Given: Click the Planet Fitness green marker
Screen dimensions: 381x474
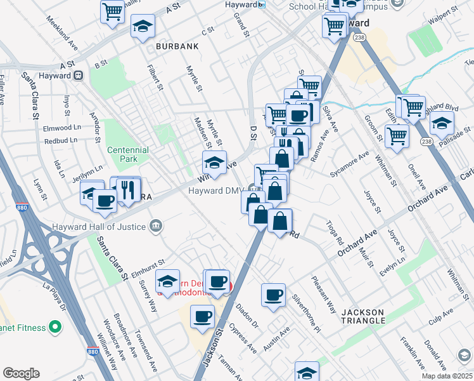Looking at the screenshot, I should click(56, 328).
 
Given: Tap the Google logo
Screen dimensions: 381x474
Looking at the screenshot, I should click(21, 373).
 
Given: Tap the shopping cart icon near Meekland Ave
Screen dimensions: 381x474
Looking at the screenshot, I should click(112, 10).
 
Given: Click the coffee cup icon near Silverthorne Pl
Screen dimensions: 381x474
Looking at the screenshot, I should click(274, 295).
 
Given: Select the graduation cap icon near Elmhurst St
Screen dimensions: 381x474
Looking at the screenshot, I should click(167, 281).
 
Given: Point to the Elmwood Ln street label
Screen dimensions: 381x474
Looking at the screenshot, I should click(60, 127).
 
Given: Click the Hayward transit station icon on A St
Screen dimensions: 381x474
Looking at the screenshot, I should click(79, 75).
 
